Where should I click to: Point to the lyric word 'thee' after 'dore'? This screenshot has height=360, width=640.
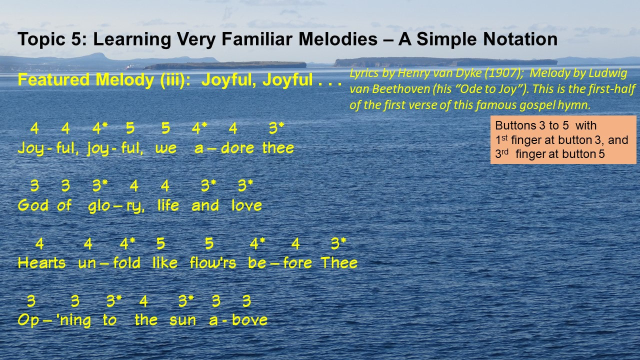click(278, 148)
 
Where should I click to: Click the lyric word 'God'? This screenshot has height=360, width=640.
click(33, 205)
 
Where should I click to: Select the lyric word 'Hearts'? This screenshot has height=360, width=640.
click(41, 263)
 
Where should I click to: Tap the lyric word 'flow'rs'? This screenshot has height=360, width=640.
click(213, 263)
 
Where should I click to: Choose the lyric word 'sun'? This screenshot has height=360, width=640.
click(182, 320)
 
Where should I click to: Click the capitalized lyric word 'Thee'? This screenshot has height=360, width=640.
click(339, 263)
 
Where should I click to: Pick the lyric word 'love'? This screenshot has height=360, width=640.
click(246, 205)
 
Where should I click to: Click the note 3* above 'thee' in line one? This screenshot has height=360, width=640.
click(276, 128)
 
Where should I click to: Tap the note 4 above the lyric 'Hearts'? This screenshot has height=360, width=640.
click(39, 243)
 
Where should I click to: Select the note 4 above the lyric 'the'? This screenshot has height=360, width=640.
click(143, 301)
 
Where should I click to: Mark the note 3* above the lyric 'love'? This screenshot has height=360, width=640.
click(245, 185)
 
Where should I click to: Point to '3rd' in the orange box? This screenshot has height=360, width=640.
click(501, 153)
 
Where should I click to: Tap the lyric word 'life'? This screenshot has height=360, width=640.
click(168, 205)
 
